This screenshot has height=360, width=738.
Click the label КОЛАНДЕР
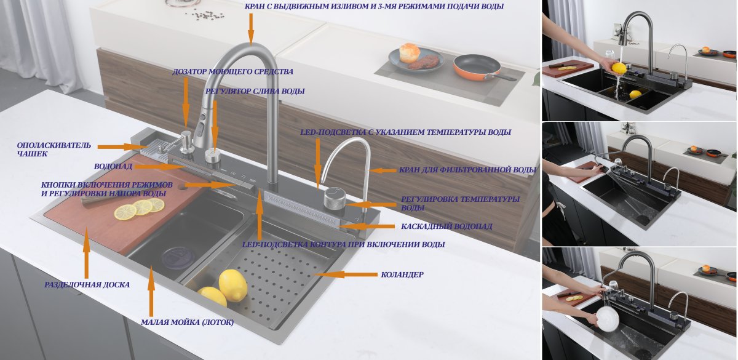[402, 274]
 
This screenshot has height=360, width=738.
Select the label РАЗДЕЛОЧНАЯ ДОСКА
[87, 285]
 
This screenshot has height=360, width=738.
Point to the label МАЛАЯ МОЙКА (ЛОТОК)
[187, 322]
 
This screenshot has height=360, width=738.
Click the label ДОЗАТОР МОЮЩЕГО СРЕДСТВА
[232, 71]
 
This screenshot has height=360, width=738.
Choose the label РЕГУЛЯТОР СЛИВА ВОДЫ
[255, 91]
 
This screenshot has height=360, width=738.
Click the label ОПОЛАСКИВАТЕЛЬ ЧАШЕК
[54, 150]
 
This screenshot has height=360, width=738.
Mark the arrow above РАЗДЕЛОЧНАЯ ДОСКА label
[87, 252]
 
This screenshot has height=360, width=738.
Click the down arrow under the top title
[250, 28]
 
